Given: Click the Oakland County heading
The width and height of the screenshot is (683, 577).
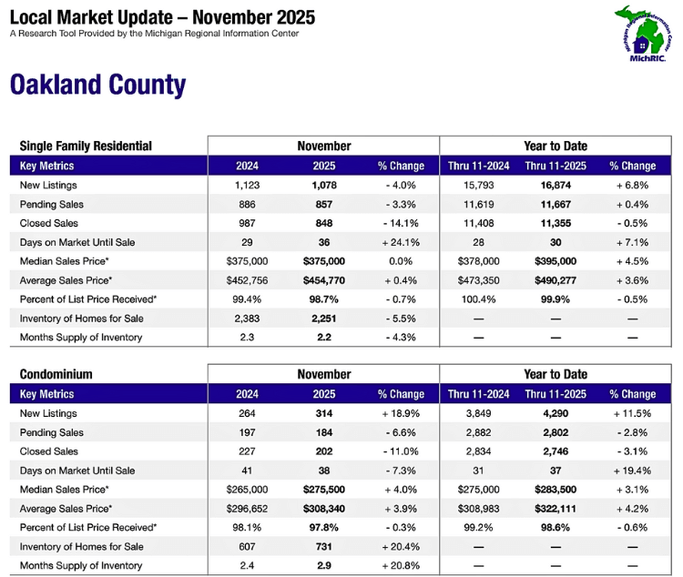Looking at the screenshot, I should tap(97, 85).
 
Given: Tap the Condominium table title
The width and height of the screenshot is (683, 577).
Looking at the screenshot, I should tap(56, 374).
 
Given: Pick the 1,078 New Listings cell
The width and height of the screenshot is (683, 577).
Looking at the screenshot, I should tap(324, 185).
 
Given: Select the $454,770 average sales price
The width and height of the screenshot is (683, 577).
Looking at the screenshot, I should tap(324, 280).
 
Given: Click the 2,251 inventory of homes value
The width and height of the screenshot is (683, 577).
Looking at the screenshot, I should tap(324, 319).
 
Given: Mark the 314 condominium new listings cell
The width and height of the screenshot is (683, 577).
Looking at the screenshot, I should tap(324, 413).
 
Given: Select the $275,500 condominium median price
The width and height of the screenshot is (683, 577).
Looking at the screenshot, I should tap(324, 490).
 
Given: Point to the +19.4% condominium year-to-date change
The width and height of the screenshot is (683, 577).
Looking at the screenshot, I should tap(632, 471).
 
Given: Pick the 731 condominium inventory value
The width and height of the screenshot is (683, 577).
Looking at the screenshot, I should tap(324, 547).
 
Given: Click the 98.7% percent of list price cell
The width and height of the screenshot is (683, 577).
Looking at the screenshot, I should tap(324, 299).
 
